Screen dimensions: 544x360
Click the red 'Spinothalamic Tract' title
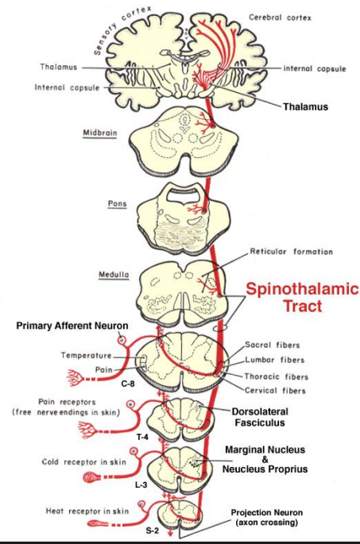(x=301, y=297)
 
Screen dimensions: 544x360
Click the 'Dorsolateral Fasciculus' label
(x=270, y=418)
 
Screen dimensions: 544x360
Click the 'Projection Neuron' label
(x=288, y=512)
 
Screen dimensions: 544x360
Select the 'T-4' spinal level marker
(x=144, y=436)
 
